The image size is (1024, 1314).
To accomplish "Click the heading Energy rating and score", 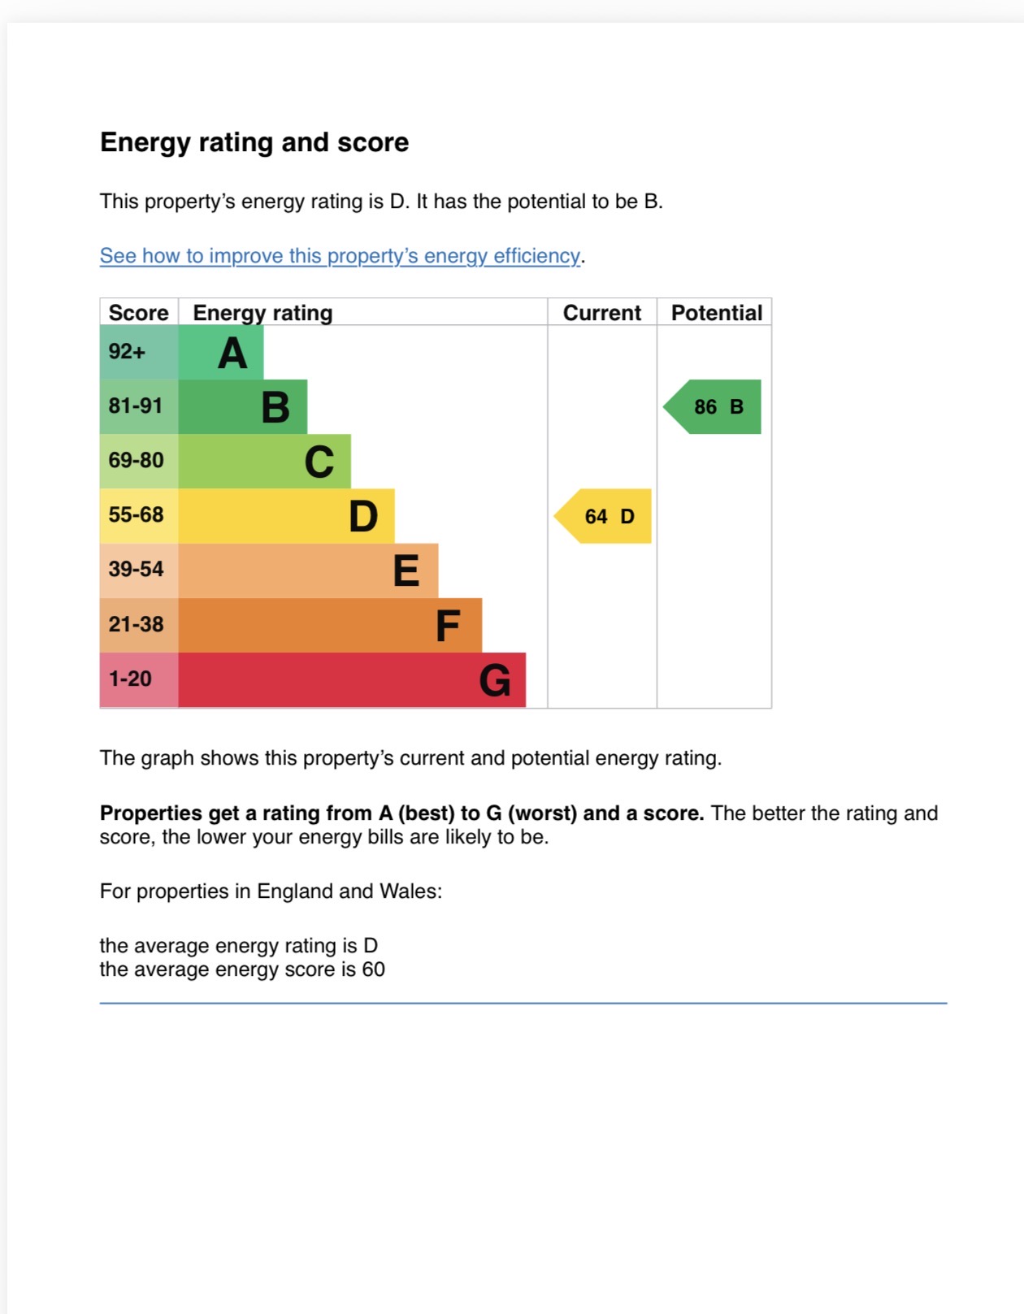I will point(254,142).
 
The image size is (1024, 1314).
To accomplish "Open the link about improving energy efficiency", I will point(340,256).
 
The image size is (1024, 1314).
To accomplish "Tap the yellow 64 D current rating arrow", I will point(605,516).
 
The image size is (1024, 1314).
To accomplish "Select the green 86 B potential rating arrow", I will point(714,406).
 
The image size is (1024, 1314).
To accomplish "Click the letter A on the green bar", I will point(232,353).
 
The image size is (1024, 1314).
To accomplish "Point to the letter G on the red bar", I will point(495,681).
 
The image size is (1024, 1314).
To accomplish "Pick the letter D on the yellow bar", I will point(363,517).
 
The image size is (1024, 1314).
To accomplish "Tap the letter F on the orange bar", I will point(447,627).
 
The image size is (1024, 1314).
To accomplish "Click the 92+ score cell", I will point(128,352).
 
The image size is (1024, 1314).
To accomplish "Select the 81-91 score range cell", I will point(136,405).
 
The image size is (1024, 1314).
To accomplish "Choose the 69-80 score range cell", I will point(137,460).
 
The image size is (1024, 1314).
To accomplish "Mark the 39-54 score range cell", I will point(137,569).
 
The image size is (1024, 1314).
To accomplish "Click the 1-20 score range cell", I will point(130,679).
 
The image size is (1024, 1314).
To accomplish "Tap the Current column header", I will point(602,313).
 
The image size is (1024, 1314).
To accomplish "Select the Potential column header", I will point(716,313).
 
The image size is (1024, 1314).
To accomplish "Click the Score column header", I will point(138,313).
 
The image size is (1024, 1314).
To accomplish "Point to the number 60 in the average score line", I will point(373,969).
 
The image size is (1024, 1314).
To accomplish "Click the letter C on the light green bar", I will point(319,462).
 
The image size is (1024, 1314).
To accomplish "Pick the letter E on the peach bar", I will point(406,571).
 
